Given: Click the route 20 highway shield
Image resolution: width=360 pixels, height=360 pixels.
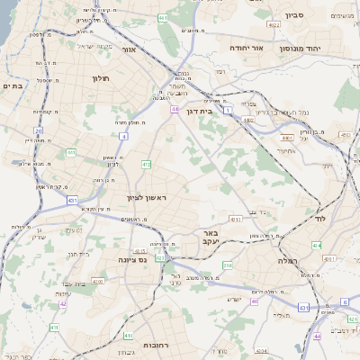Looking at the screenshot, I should [38, 131].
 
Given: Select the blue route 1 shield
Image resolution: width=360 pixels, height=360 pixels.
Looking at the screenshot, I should [229, 109].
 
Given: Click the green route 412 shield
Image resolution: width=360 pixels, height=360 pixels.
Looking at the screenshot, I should [146, 165].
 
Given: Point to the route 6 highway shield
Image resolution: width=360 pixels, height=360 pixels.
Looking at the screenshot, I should [344, 302].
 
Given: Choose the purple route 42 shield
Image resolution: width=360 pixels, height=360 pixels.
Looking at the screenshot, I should [63, 304].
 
